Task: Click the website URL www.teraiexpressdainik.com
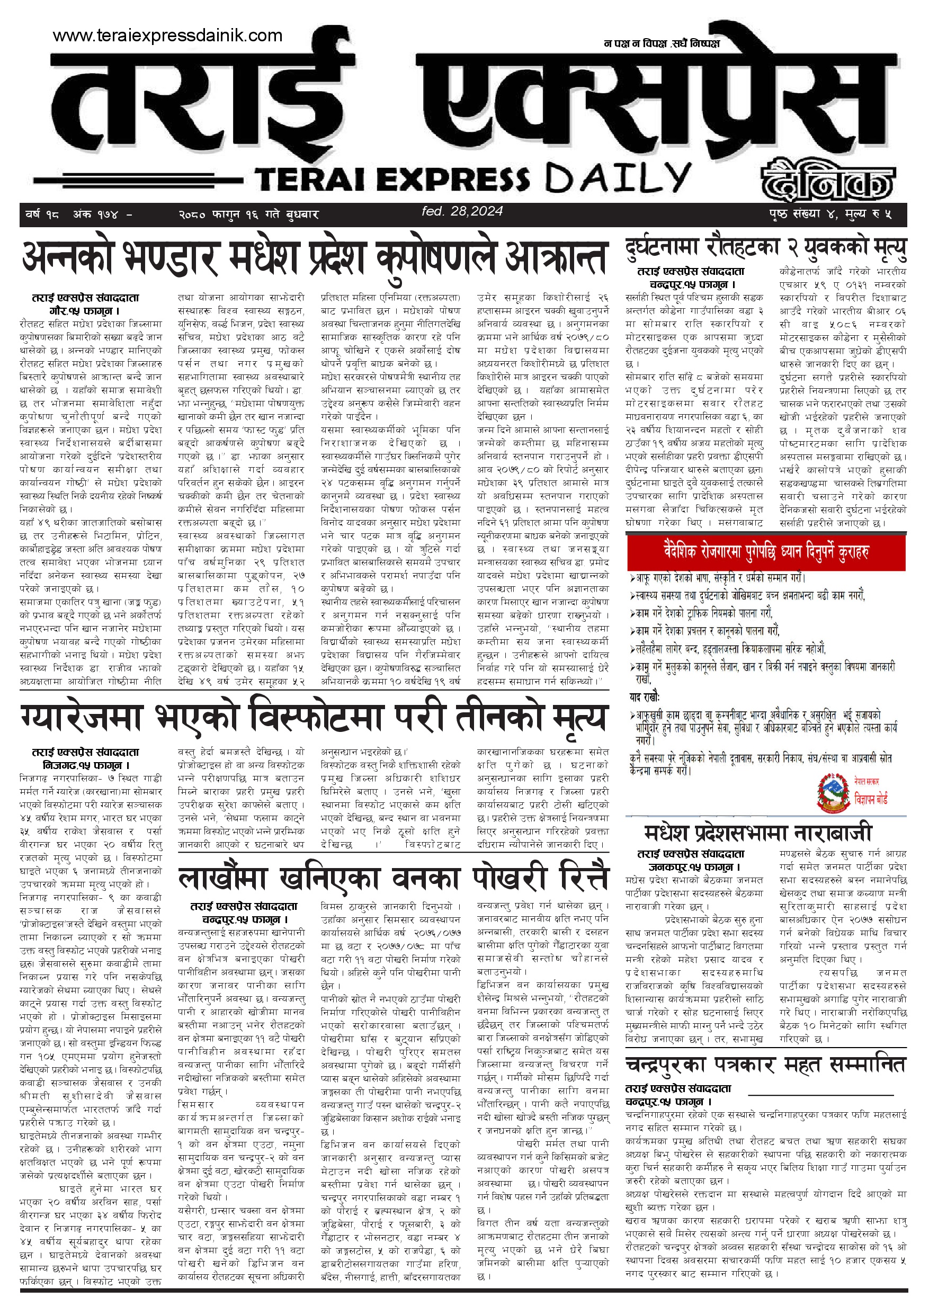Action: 167,35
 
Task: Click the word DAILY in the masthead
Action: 618,177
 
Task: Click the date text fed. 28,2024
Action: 462,211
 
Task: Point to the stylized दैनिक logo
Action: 827,180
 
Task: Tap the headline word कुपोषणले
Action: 437,258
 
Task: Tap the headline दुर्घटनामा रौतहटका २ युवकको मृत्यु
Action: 766,248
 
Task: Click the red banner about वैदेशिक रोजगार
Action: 766,552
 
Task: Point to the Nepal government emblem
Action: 832,794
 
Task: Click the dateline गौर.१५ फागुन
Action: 85,311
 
